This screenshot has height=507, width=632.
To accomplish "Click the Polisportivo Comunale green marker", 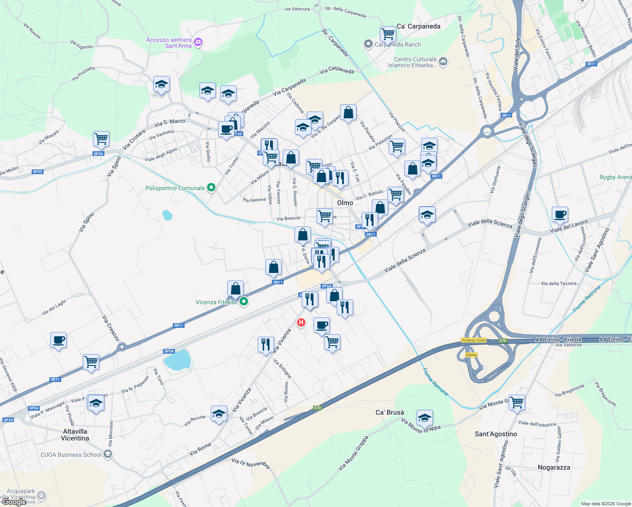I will (x=211, y=188).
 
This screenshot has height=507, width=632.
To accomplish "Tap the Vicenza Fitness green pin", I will (x=243, y=302).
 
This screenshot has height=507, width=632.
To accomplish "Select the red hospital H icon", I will (x=301, y=323).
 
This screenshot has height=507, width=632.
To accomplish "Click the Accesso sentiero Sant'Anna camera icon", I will (x=198, y=42).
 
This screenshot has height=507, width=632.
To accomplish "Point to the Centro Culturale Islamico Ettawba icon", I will (x=443, y=62).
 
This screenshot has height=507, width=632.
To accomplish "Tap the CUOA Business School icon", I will (x=108, y=454).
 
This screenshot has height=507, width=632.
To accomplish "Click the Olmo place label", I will (x=345, y=203).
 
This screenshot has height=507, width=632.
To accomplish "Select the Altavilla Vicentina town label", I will (x=75, y=435).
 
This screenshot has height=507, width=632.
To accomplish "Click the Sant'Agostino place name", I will (x=496, y=434).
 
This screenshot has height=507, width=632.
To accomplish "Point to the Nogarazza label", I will (x=554, y=467).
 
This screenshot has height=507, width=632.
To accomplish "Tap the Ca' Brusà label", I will (x=390, y=412).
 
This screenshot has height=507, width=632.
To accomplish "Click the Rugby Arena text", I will (x=615, y=177).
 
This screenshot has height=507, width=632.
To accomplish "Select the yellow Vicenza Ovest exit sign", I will (x=474, y=340).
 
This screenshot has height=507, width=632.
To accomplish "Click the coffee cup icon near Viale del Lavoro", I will (x=560, y=214).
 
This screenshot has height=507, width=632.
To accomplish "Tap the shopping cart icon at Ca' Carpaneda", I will (x=387, y=33).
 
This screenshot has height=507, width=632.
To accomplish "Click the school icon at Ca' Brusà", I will (x=425, y=417).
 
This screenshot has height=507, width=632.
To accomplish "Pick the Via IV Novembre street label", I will (x=251, y=463).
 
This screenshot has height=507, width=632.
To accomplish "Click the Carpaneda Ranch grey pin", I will (x=368, y=44).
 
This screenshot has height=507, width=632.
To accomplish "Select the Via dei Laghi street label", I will (x=54, y=308).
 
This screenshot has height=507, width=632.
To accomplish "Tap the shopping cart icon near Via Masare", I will (x=101, y=138).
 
